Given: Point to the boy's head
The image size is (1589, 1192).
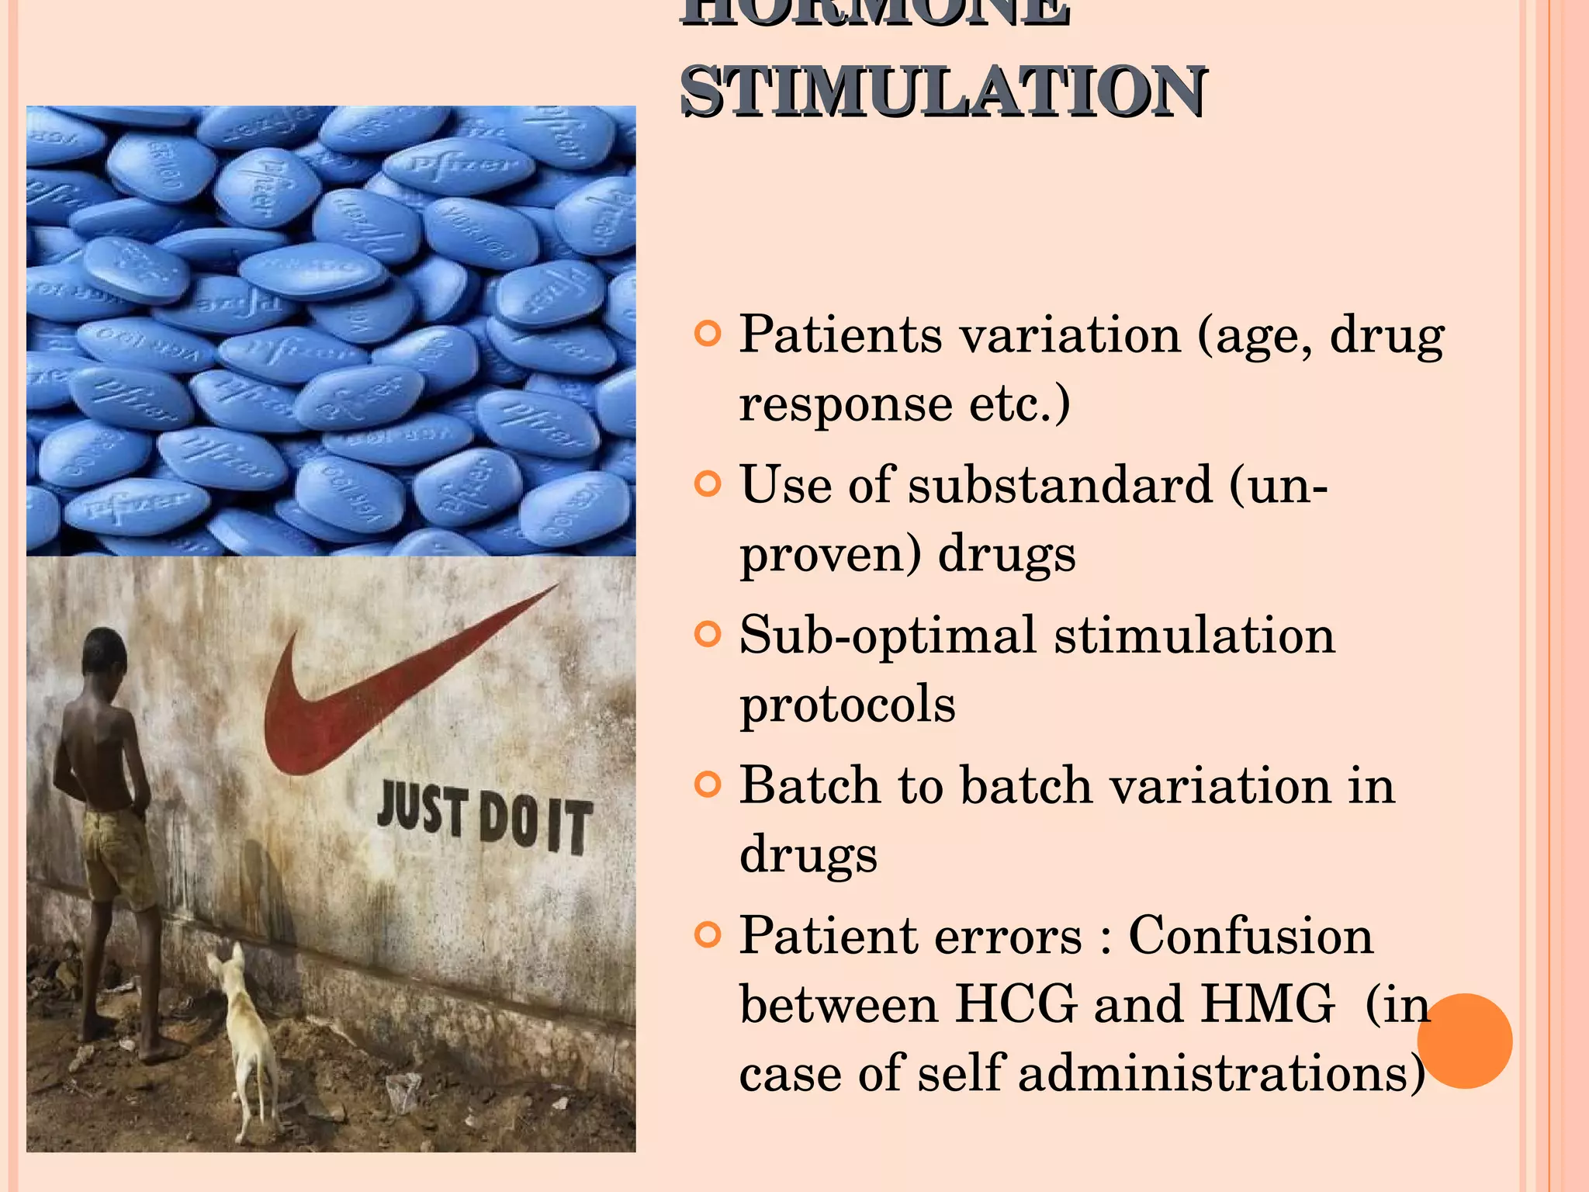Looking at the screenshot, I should point(105,656).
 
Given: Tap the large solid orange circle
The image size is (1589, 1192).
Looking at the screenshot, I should point(1465,1041).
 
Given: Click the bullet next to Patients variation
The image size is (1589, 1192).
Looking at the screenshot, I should point(708,334).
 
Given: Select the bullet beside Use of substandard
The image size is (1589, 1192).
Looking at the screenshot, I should point(708,485).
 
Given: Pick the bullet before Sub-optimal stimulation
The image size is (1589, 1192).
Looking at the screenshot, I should point(708,635).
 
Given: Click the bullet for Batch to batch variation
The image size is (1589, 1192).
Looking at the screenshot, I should point(708,785).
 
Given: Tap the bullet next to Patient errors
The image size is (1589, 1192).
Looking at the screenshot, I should point(708,935).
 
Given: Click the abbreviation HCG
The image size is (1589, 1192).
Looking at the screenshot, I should point(1016,1004).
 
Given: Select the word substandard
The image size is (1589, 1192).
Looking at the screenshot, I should point(1060,485).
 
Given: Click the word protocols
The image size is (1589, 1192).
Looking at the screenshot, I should point(847,704).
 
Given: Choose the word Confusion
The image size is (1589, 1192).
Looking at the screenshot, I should point(1251,935).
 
